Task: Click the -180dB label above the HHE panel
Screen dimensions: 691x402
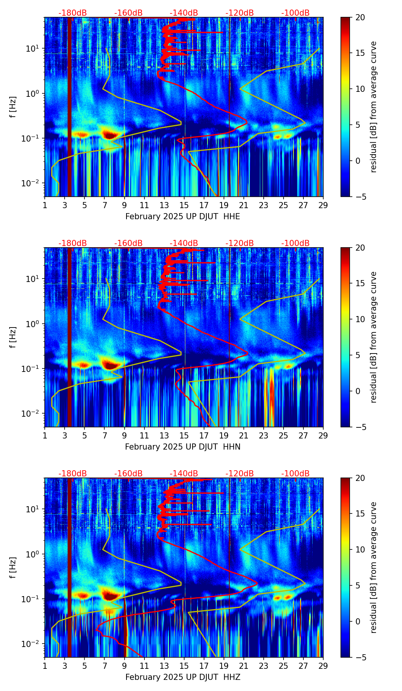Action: (73, 13)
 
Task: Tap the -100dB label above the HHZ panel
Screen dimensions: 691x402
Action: (295, 474)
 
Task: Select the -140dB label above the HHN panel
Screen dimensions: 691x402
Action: (184, 243)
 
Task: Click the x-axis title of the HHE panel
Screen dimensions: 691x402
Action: (183, 217)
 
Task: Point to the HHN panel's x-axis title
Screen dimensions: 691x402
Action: (183, 447)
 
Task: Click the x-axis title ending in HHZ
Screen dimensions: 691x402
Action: (183, 677)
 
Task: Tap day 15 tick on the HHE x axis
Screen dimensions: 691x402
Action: (184, 205)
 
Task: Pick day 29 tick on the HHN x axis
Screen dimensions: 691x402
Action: (323, 435)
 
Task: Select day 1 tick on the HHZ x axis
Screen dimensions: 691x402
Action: (45, 666)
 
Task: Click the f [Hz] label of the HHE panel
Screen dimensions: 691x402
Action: (13, 107)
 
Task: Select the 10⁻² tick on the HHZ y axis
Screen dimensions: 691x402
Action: (32, 644)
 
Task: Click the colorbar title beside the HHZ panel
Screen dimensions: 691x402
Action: (374, 567)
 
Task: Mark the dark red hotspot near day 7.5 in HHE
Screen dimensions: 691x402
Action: (110, 135)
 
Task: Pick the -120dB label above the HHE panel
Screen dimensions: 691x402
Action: (240, 13)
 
